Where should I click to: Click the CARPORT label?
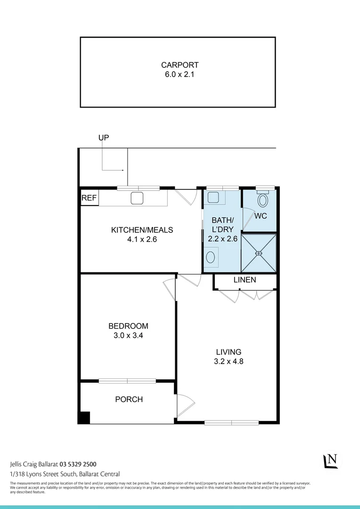(180, 65)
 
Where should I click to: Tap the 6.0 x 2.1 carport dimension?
(180, 74)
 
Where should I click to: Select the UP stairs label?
(104, 138)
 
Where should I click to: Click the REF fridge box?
(89, 198)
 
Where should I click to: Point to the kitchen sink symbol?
(137, 198)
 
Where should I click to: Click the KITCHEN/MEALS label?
(142, 230)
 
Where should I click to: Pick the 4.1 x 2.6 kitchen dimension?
(142, 239)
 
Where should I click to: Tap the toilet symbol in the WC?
(262, 201)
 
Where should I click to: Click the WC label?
(261, 216)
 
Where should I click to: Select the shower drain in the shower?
(258, 253)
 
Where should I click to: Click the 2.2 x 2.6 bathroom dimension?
(222, 239)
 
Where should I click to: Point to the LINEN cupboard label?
(245, 280)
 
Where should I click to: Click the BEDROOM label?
(128, 326)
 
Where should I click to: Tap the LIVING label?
(229, 352)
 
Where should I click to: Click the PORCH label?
(129, 400)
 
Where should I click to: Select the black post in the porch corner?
(84, 418)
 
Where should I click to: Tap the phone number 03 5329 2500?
(78, 464)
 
